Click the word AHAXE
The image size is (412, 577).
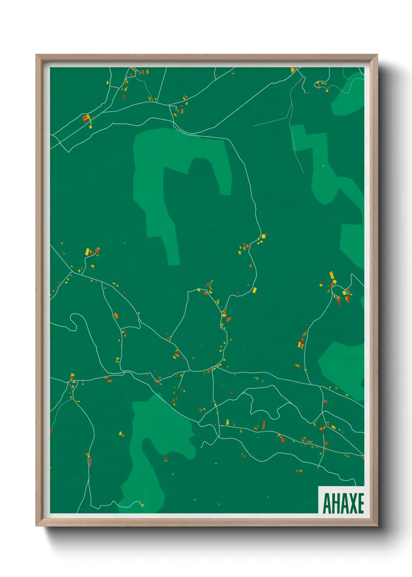coord(343,503)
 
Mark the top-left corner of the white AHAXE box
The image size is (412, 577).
coord(319,486)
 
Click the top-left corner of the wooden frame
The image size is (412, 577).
coord(36,55)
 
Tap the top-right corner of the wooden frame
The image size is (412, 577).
coord(377,55)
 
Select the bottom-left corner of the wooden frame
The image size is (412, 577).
coord(36,526)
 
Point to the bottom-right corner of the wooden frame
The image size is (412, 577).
coord(377,526)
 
